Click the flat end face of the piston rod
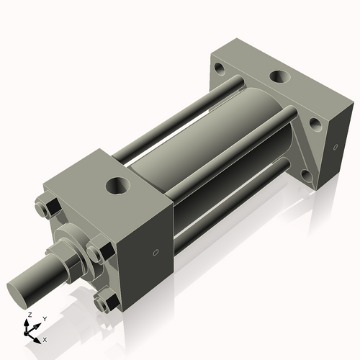[x=19, y=294]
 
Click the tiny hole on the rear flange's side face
[x=336, y=148]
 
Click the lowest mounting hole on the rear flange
[x=307, y=176]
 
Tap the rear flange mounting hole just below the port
[x=315, y=123]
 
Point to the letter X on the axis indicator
[x=45, y=338]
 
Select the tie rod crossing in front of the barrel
[x=230, y=151]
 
